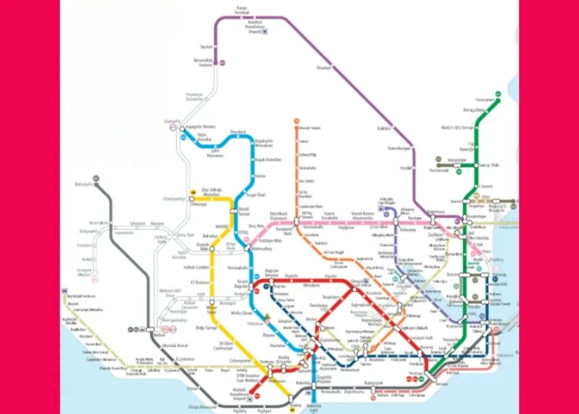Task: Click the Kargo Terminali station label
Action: (x=242, y=10)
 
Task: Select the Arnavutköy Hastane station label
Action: (x=202, y=62)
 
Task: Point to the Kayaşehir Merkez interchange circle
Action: (x=183, y=129)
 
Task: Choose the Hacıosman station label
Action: (x=486, y=100)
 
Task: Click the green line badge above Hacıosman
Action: (x=497, y=94)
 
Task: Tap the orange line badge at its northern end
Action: (x=296, y=121)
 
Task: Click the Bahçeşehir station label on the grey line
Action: (x=84, y=184)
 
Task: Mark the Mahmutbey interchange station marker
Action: (x=248, y=249)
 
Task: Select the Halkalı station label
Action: (x=159, y=335)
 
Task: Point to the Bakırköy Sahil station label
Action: (x=314, y=407)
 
